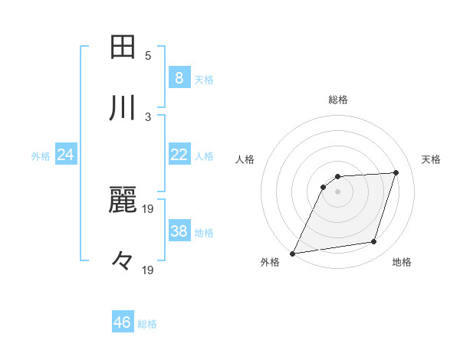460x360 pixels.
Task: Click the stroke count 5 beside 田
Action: click(x=148, y=55)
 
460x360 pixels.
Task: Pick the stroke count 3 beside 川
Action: click(x=148, y=116)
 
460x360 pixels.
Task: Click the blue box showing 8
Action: click(x=179, y=77)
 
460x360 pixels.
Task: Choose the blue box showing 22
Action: click(x=179, y=155)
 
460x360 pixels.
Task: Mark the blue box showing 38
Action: click(x=179, y=231)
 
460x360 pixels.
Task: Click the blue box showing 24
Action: click(x=66, y=155)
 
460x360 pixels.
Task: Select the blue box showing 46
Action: click(x=122, y=322)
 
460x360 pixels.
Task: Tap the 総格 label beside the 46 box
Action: click(x=147, y=324)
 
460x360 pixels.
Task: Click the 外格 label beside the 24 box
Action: click(x=41, y=156)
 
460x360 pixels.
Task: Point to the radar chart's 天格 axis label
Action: click(x=431, y=159)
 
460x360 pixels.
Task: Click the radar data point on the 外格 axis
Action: click(x=293, y=253)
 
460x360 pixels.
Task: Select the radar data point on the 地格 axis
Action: click(x=374, y=242)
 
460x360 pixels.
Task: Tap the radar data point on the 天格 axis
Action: click(x=396, y=172)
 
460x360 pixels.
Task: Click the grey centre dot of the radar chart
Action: click(x=338, y=191)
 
